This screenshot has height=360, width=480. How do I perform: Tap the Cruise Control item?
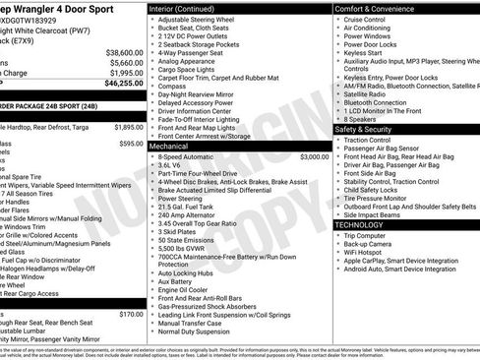coord(365,19)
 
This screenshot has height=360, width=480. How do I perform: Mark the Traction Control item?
coord(367,140)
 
